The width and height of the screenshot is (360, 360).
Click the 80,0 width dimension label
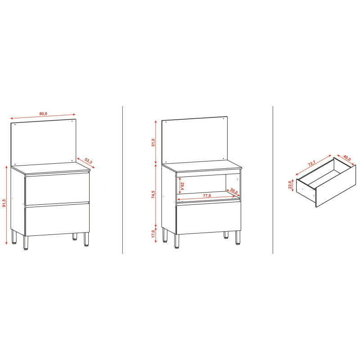43,114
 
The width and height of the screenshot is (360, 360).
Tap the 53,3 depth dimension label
88,161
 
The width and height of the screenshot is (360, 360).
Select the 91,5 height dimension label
4,203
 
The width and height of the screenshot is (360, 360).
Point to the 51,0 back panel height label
153,142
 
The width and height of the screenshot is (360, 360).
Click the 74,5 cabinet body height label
153,194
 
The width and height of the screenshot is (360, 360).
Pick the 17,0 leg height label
153,234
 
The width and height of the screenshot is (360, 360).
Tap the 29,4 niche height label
182,186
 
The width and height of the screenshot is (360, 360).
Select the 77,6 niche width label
207,195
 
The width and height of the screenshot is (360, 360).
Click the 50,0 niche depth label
234,191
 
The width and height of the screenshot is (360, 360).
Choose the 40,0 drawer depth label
347,158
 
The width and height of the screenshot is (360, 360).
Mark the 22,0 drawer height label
290,185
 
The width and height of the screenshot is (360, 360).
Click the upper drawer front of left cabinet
57,189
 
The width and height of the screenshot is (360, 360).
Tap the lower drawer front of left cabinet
57,219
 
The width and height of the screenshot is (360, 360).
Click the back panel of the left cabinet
43,142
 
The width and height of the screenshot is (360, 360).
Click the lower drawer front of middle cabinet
208,218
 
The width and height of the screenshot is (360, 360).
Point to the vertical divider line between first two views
122,180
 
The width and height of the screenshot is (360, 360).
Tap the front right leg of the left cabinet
86,239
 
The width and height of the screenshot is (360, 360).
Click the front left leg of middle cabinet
176,241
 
